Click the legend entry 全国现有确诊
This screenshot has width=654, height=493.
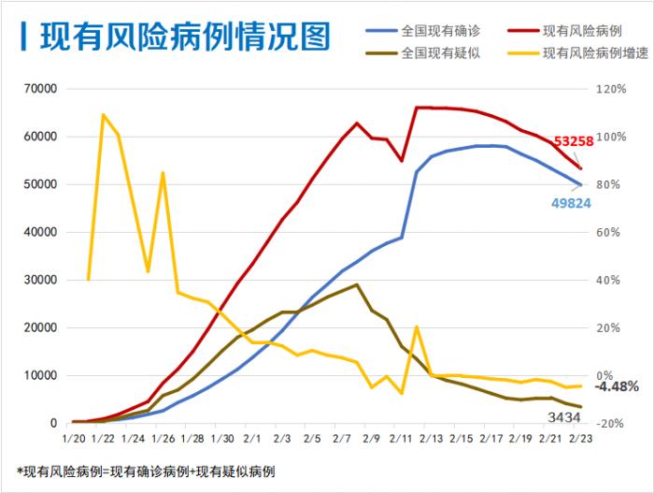click(x=441, y=30)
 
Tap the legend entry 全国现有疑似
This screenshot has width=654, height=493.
click(x=441, y=52)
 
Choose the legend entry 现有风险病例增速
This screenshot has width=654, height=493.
click(x=595, y=52)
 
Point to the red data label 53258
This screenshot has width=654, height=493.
click(x=573, y=141)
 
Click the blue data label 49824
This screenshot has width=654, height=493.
click(x=571, y=202)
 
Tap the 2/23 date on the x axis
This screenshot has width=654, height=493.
click(x=581, y=438)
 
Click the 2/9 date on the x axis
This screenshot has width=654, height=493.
click(x=371, y=438)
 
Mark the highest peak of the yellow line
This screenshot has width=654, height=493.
click(x=103, y=115)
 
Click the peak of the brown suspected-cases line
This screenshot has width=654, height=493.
click(x=357, y=284)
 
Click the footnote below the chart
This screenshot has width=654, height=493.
click(x=146, y=471)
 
